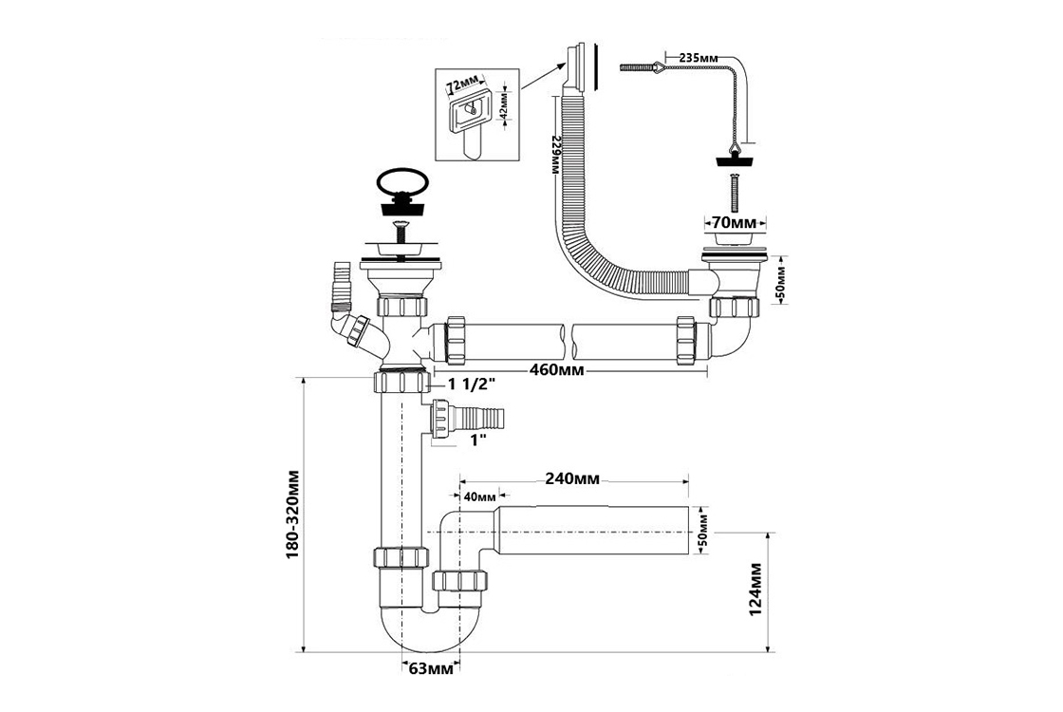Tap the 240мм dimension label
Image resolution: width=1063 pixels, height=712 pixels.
(571, 478)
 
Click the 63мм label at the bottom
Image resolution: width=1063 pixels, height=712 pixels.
(428, 670)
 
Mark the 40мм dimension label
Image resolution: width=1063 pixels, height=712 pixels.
(479, 497)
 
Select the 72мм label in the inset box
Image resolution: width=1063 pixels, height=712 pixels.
(466, 79)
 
